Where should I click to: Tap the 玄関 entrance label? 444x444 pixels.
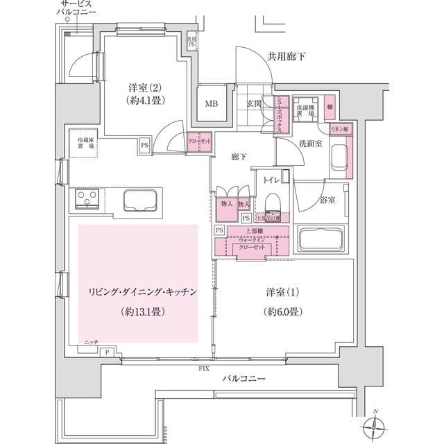click(x=253, y=104)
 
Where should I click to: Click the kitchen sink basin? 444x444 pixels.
click(x=143, y=202)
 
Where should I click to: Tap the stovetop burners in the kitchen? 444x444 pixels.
click(x=88, y=202)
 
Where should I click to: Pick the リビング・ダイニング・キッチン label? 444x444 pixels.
click(x=137, y=292)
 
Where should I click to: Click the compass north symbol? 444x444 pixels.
click(x=375, y=425)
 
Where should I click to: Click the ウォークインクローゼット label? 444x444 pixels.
click(x=251, y=244)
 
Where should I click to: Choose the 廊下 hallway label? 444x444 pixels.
click(x=239, y=157)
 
